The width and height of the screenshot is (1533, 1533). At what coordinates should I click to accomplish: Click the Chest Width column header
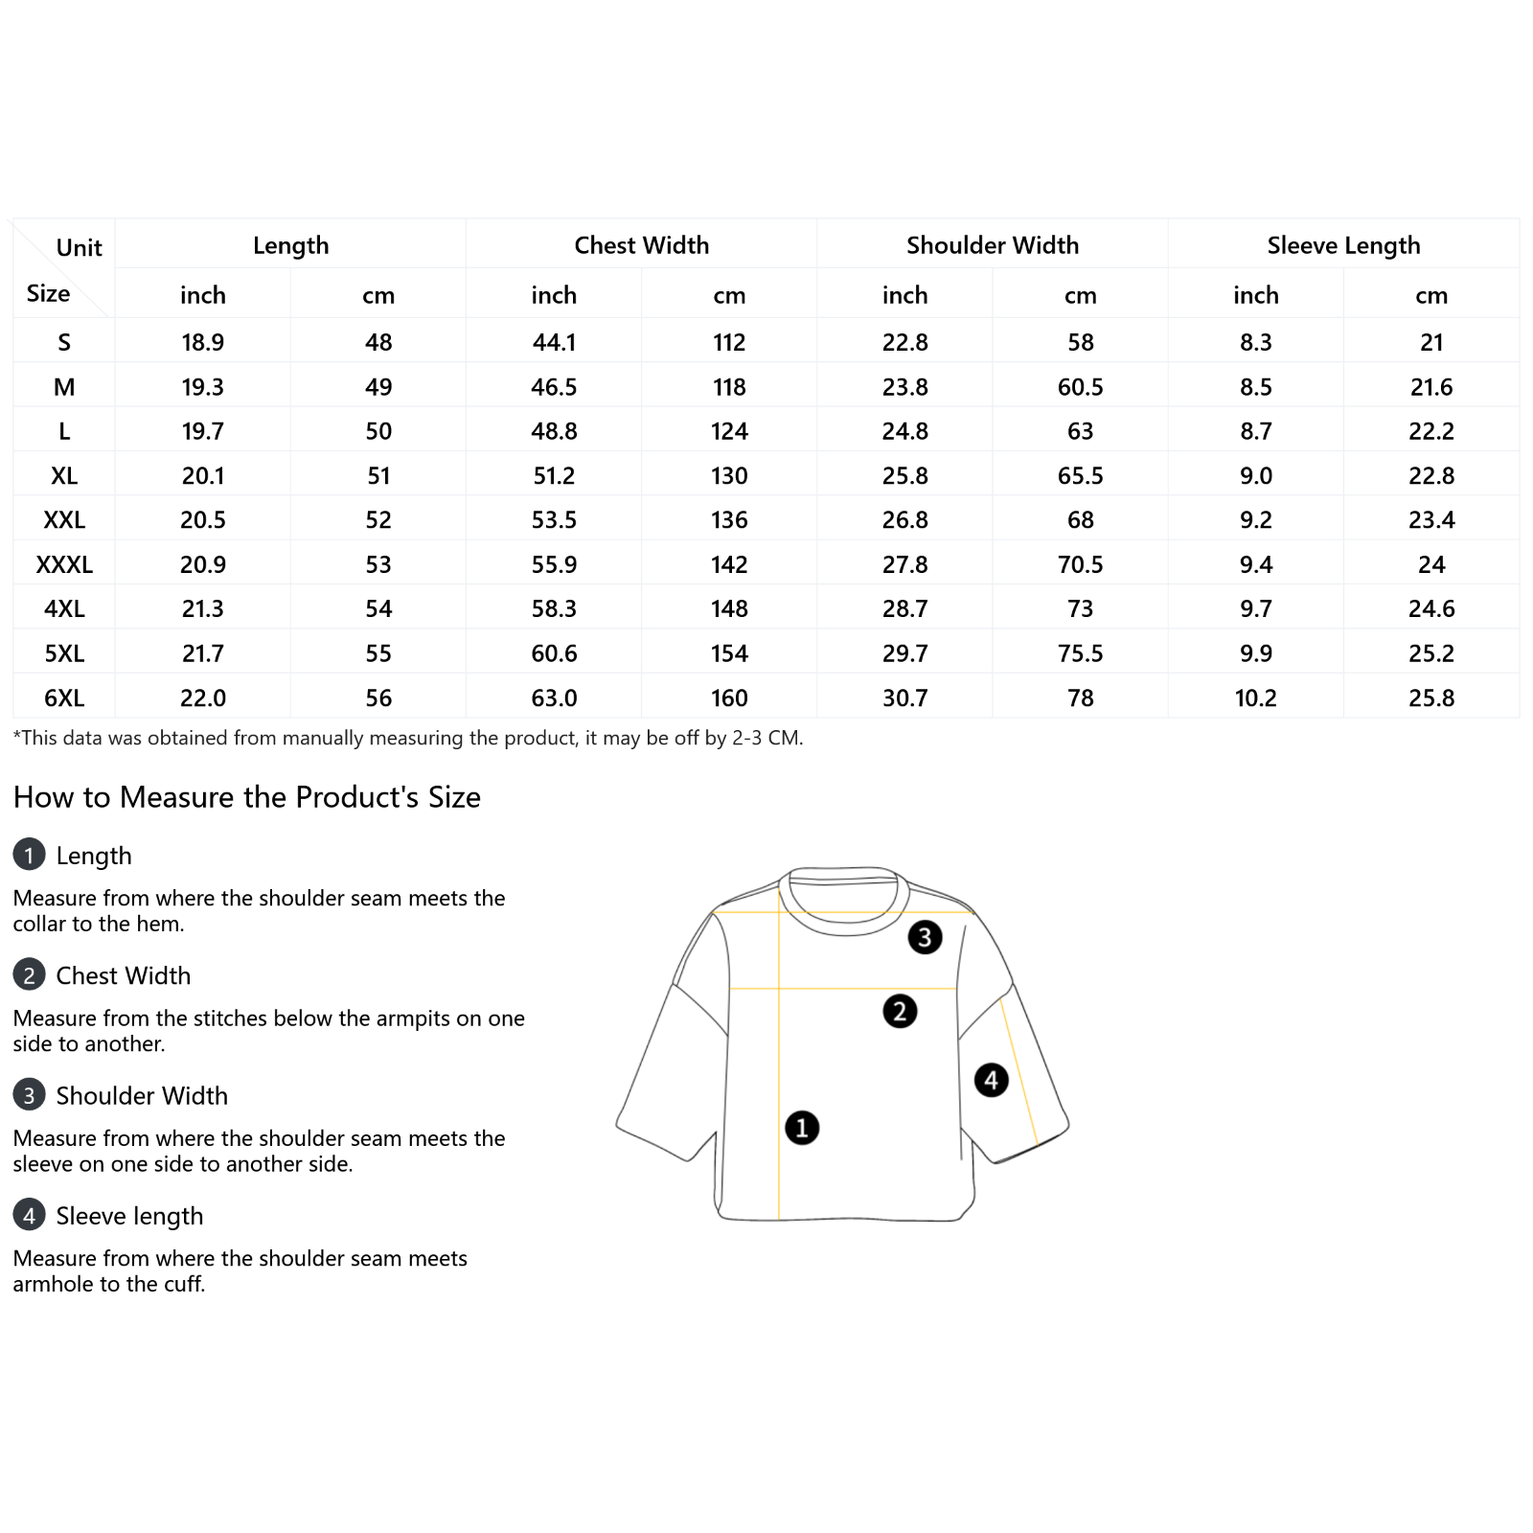click(x=641, y=245)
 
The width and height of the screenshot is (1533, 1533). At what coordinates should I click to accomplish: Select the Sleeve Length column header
click(x=1343, y=245)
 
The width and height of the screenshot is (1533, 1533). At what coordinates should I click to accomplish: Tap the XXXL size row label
click(x=64, y=564)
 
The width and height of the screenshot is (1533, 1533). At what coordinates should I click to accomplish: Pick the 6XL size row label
click(x=64, y=698)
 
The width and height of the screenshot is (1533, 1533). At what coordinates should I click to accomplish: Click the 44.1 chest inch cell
click(x=554, y=342)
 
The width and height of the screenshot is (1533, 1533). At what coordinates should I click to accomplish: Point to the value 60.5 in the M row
click(x=1080, y=387)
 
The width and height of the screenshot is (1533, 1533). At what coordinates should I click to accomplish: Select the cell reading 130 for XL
click(x=729, y=475)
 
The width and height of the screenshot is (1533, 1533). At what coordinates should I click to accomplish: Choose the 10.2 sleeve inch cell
click(x=1255, y=698)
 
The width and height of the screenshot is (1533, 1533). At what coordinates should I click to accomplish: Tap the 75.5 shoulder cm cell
click(x=1080, y=653)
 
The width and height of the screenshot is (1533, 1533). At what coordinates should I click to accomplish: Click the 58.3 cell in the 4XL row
click(x=554, y=608)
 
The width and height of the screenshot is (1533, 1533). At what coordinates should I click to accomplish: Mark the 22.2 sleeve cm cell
click(x=1431, y=431)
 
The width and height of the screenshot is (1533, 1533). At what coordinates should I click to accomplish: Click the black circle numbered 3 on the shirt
click(x=925, y=937)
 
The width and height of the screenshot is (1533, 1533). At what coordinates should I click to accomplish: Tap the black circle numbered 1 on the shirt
click(x=802, y=1128)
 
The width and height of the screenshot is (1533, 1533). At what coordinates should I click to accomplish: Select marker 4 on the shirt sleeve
click(x=991, y=1080)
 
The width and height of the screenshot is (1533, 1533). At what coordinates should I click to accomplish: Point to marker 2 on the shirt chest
click(x=900, y=1011)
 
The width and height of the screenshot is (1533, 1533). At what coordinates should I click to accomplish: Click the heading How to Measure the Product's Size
click(x=247, y=797)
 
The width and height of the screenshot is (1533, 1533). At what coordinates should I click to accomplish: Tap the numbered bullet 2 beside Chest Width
click(x=29, y=974)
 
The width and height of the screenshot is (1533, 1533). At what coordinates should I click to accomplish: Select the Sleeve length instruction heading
click(x=129, y=1216)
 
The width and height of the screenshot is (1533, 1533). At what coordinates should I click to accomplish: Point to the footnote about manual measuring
click(x=408, y=738)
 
